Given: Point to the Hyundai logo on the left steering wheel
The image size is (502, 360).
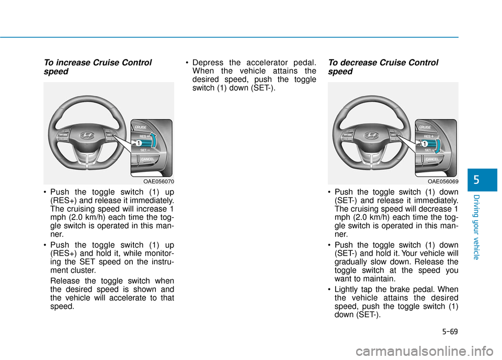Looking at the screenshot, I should [x=86, y=135].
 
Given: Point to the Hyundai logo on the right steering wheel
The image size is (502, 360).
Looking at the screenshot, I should [x=370, y=135].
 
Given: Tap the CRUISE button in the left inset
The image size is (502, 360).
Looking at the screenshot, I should [x=141, y=126].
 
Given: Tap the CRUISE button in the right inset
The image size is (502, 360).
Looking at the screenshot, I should [x=425, y=126].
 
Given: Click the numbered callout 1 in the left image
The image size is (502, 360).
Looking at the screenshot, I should [x=139, y=143].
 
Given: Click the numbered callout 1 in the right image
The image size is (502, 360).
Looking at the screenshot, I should [x=425, y=143].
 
